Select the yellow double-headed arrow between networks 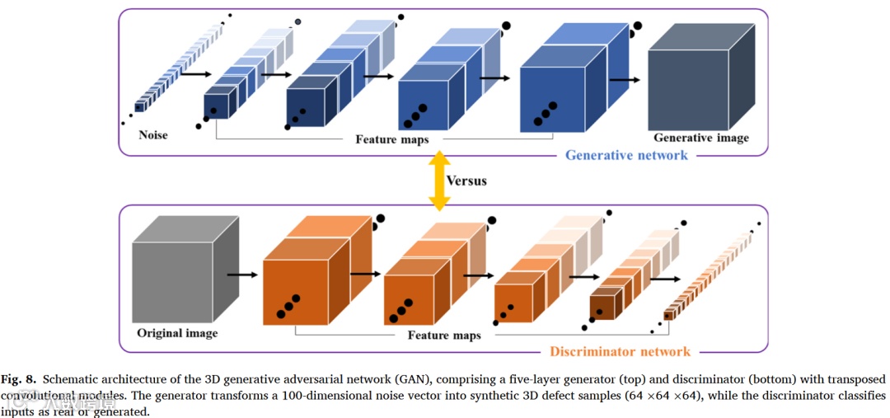click(x=438, y=180)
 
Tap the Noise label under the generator click(x=153, y=134)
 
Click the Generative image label click(x=701, y=138)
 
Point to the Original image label click(x=178, y=333)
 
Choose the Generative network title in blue click(x=627, y=154)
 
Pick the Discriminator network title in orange click(x=620, y=352)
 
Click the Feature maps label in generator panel click(x=391, y=139)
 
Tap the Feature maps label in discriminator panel click(x=444, y=336)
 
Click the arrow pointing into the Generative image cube click(x=625, y=80)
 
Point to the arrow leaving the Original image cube click(x=241, y=275)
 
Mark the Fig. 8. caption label click(x=18, y=379)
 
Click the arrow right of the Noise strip click(x=194, y=74)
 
